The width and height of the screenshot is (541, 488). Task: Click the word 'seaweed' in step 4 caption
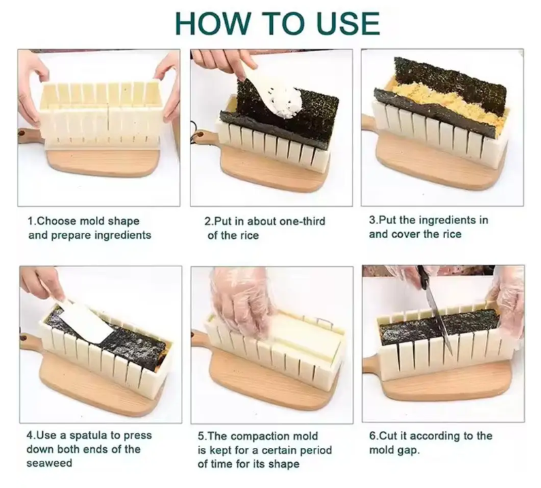point(49,463)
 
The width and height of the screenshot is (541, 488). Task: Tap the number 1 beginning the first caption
point(30,221)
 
